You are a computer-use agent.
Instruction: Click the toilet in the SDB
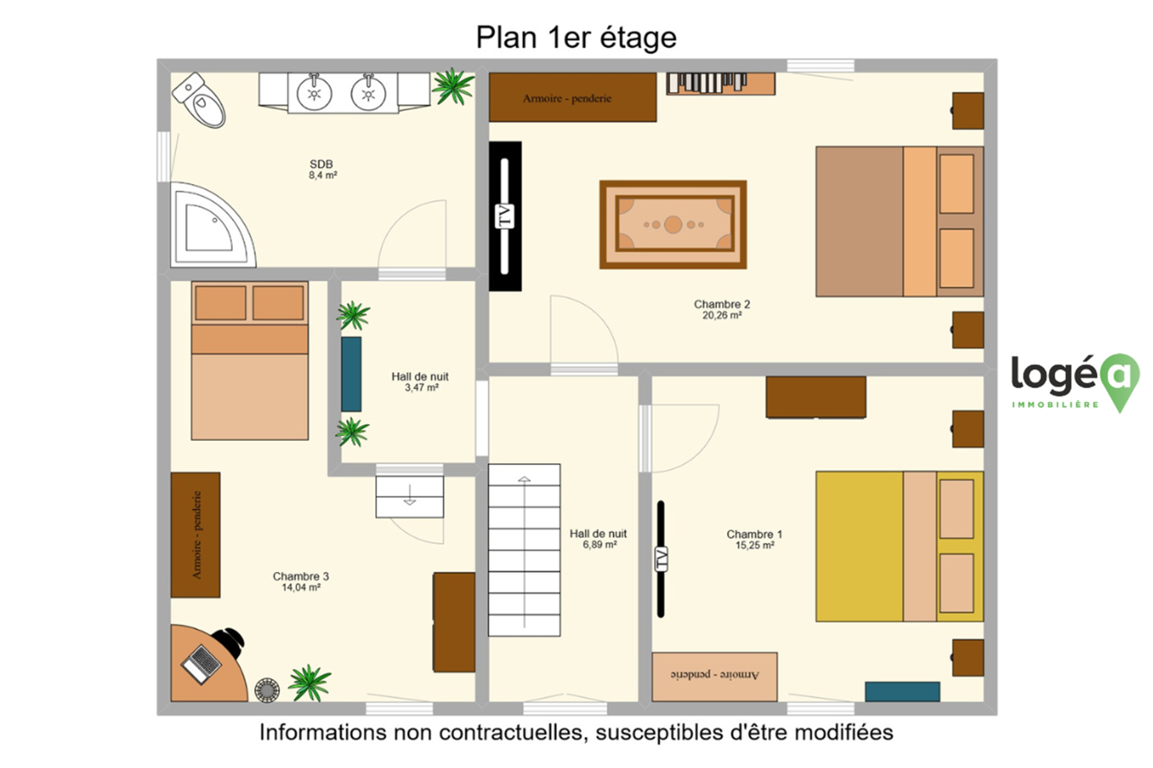coord(199,100)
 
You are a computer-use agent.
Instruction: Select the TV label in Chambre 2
coord(505,216)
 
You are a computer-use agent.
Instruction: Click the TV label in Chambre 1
coord(661,559)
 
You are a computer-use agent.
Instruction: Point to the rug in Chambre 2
coord(673,225)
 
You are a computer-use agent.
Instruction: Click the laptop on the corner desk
coord(202,664)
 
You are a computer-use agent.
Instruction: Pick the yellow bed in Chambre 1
coord(899,547)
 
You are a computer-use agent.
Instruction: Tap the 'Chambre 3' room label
coord(301,577)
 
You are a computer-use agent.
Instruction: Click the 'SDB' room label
coord(321,164)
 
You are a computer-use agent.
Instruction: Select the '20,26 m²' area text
coord(722,316)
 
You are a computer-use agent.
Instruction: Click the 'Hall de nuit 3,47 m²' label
coord(421,382)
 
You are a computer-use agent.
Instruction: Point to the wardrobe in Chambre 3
coord(195,535)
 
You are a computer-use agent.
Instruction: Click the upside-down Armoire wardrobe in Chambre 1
coord(714,676)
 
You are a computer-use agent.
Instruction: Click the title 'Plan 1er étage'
coord(576,37)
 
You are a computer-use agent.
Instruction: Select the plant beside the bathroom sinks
coord(453,86)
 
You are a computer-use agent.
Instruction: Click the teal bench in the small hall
coord(351,374)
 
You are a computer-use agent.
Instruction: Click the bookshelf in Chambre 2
coord(721,84)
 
